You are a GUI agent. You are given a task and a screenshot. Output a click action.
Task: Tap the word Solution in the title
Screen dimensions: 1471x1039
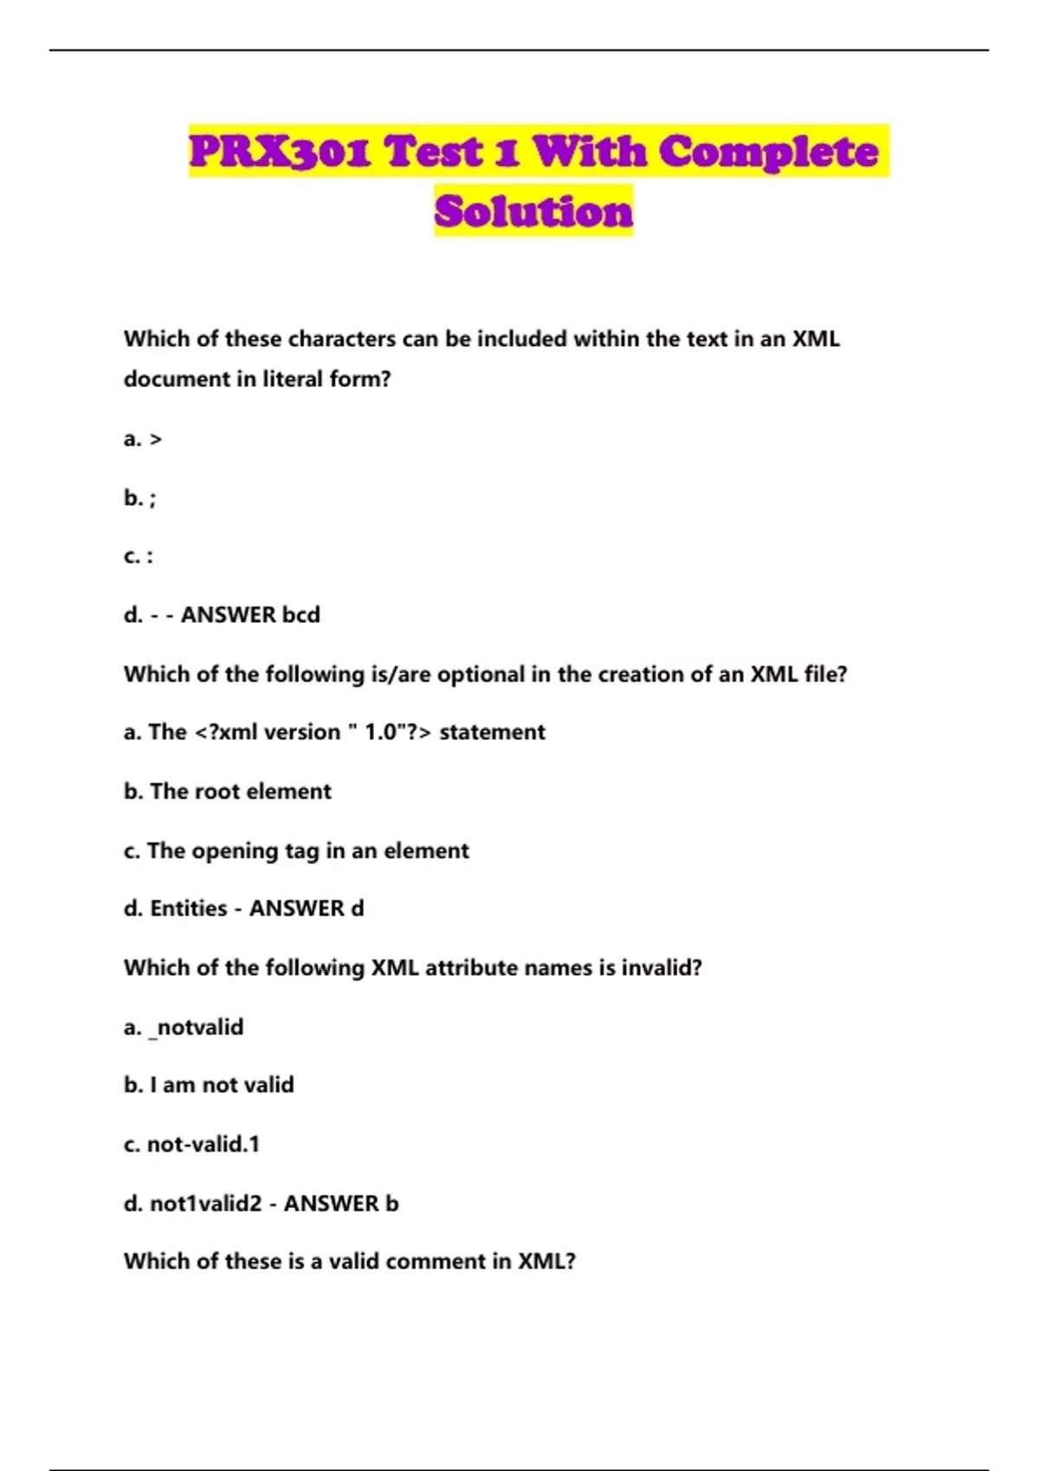coord(533,212)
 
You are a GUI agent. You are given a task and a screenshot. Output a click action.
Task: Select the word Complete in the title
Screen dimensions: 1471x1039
coord(768,152)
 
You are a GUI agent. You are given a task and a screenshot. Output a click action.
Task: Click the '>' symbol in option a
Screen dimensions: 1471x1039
coord(156,440)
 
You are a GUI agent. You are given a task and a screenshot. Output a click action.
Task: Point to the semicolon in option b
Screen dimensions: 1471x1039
coord(152,499)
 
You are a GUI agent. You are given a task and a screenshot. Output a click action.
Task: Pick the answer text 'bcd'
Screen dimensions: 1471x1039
coord(301,614)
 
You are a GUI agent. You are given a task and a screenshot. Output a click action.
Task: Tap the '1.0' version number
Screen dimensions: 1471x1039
coord(381,732)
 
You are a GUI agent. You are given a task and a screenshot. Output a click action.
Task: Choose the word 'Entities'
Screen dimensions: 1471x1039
coord(189,909)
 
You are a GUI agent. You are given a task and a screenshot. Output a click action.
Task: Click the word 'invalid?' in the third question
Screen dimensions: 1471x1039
coord(661,967)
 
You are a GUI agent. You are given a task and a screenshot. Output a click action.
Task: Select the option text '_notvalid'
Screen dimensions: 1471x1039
coord(197,1027)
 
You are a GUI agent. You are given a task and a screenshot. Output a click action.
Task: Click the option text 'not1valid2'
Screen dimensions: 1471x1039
coord(206,1204)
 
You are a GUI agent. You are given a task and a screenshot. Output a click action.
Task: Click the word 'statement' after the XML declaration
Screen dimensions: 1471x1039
coord(493,732)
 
